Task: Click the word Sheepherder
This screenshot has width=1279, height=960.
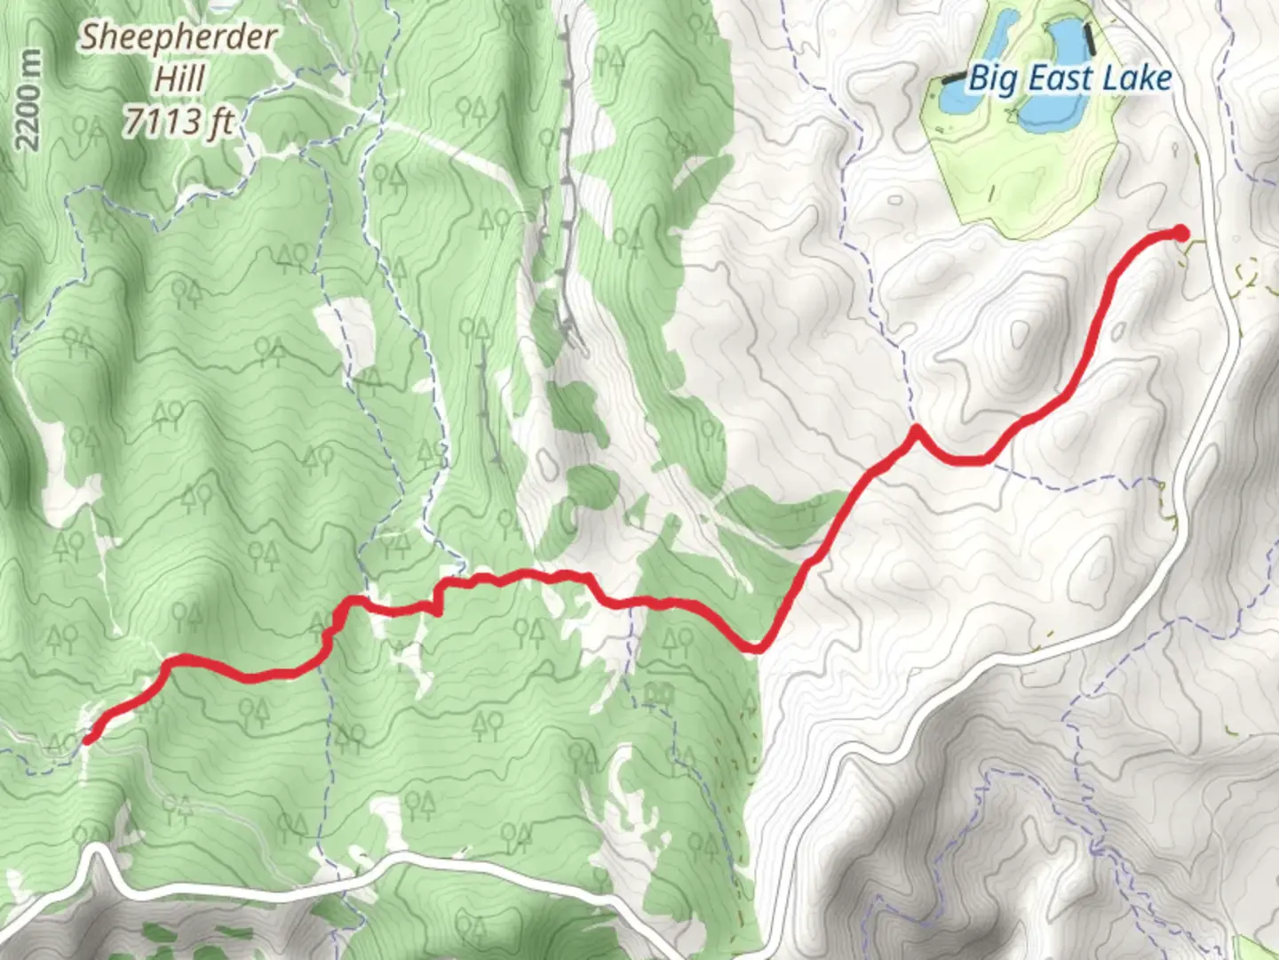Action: click(179, 38)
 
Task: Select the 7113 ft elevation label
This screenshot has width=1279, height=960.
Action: click(177, 120)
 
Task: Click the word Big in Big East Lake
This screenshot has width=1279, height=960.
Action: click(991, 79)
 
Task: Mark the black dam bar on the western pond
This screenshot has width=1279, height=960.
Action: click(952, 78)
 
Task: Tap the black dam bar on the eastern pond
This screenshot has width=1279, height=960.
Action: click(1090, 37)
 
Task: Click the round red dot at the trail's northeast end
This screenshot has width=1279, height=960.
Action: click(1180, 233)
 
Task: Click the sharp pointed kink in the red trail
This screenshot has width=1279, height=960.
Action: click(915, 431)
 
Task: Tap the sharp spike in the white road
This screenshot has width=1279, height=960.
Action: click(98, 851)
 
